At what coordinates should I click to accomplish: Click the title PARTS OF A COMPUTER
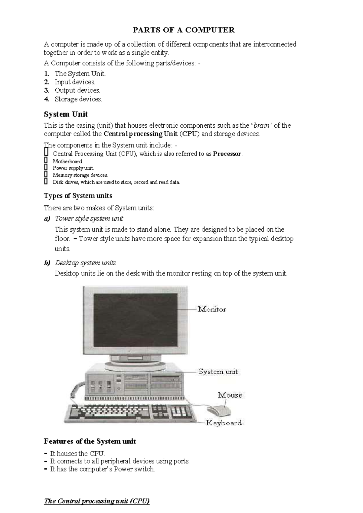184,30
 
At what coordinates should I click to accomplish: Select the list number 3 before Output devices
46,90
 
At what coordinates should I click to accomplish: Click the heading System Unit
66,114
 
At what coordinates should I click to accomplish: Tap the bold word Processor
227,154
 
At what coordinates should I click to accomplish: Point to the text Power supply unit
73,168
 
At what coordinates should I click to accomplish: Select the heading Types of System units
78,196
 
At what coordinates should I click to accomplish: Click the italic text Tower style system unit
89,218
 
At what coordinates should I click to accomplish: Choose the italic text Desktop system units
85,263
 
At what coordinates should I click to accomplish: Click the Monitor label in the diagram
212,309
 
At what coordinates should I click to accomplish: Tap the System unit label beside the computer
218,372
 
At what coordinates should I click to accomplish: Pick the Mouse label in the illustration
230,395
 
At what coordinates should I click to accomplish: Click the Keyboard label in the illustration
224,423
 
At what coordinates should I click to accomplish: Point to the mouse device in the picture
218,410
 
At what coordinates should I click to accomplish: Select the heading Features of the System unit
90,441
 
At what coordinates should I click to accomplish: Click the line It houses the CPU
77,453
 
